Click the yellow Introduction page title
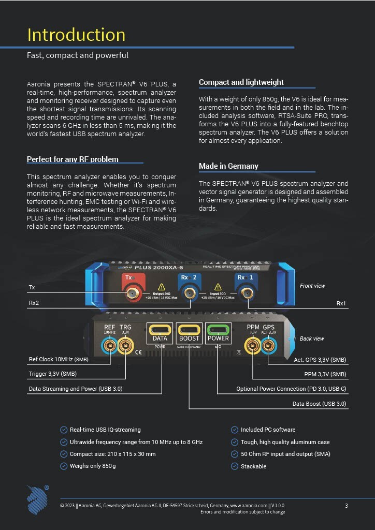76,35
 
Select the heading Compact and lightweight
241,82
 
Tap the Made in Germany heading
228,166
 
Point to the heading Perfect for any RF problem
73,159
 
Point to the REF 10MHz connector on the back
110,346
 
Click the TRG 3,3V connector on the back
126,346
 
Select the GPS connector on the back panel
268,345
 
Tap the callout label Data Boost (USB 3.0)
319,404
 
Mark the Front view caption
312,286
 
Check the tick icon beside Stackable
234,466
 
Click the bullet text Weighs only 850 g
93,466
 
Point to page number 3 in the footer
347,506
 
